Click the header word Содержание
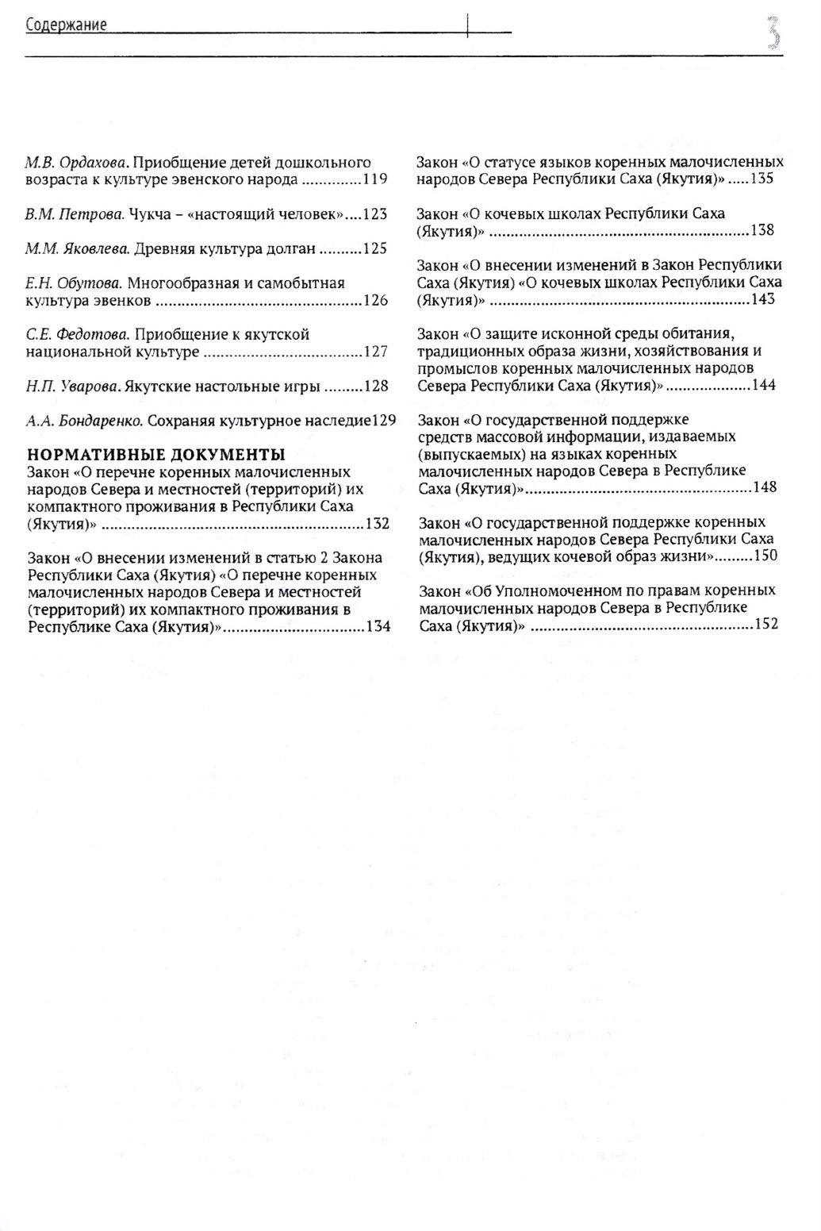67,25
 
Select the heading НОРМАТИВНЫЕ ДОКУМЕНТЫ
156,455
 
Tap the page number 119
374,179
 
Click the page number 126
374,300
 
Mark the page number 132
377,524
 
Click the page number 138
762,230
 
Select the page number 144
763,386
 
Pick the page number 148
764,487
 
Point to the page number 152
765,625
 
